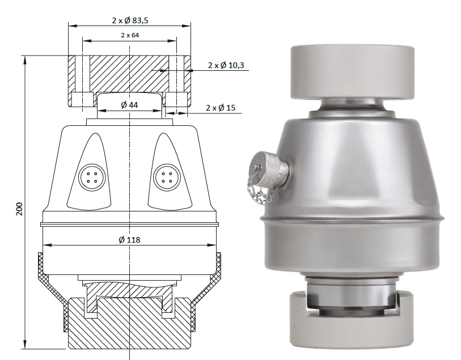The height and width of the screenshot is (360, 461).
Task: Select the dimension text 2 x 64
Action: tap(130, 35)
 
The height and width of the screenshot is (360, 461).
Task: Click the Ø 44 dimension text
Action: tap(130, 105)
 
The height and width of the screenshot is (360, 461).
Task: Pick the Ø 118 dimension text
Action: tap(130, 240)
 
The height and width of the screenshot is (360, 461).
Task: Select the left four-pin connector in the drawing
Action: tap(91, 175)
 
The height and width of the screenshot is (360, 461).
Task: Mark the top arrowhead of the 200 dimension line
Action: tap(26, 58)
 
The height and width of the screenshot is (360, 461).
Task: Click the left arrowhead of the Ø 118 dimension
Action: tap(46, 245)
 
